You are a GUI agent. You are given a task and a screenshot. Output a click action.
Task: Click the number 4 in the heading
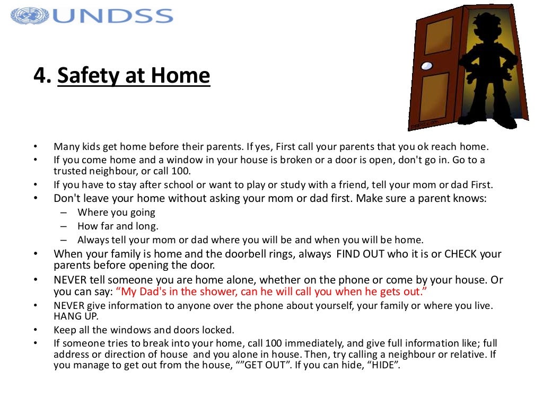coord(40,76)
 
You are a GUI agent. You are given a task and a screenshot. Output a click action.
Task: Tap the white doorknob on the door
coord(426,66)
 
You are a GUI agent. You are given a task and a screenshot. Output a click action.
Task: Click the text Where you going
coord(116,213)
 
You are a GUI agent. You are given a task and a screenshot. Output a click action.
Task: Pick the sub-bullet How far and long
coord(118,226)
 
